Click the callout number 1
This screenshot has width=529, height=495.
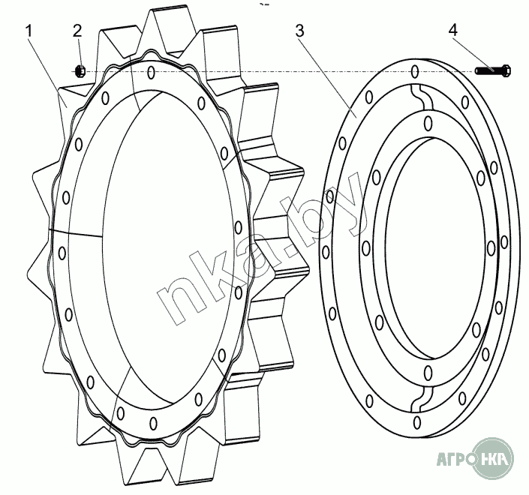pyautogui.click(x=29, y=31)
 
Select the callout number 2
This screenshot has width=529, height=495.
pyautogui.click(x=77, y=31)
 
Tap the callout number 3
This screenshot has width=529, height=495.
pyautogui.click(x=299, y=30)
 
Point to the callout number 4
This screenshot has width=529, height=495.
pyautogui.click(x=453, y=30)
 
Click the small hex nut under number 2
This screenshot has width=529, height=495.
pyautogui.click(x=80, y=71)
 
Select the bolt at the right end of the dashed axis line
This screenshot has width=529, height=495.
pyautogui.click(x=493, y=70)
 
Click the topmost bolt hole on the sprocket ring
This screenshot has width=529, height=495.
pyautogui.click(x=152, y=72)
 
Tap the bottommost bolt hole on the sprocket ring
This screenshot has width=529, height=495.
pyautogui.click(x=154, y=423)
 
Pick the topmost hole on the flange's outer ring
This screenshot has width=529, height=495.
pyautogui.click(x=415, y=71)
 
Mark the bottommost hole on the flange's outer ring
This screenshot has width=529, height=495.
pyautogui.click(x=417, y=422)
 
